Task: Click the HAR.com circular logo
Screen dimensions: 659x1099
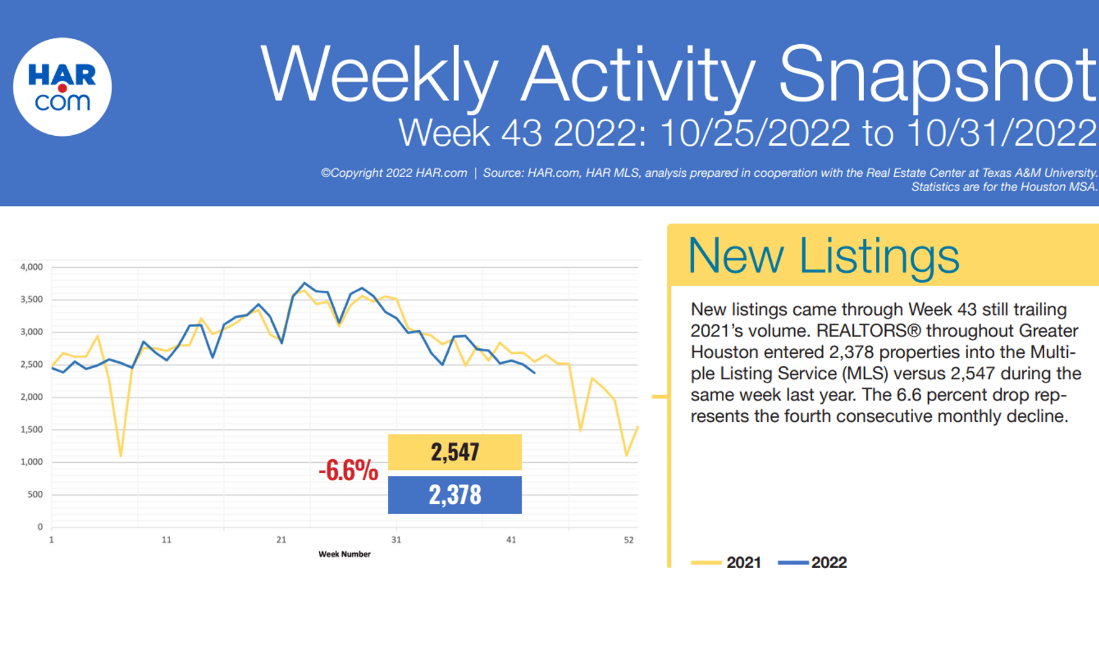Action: tap(62, 87)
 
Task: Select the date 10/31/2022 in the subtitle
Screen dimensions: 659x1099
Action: tap(1001, 133)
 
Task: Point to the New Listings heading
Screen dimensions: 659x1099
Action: tap(823, 255)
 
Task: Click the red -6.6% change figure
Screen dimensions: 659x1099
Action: tap(348, 471)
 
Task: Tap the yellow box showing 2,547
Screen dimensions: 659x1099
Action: tap(454, 452)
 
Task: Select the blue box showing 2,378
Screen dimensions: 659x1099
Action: tap(454, 495)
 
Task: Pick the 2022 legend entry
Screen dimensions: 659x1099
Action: tap(813, 562)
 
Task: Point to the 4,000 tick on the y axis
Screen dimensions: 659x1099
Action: tap(31, 267)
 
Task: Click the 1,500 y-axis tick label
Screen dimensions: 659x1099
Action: tap(31, 430)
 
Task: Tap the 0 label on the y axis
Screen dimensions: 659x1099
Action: tap(40, 527)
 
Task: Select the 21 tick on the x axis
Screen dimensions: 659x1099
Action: tap(281, 540)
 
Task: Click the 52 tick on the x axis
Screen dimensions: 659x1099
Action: tap(628, 540)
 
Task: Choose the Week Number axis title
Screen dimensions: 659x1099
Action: tap(344, 554)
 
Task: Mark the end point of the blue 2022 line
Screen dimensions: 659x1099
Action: tap(534, 372)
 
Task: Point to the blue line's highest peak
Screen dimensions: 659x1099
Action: tap(304, 283)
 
